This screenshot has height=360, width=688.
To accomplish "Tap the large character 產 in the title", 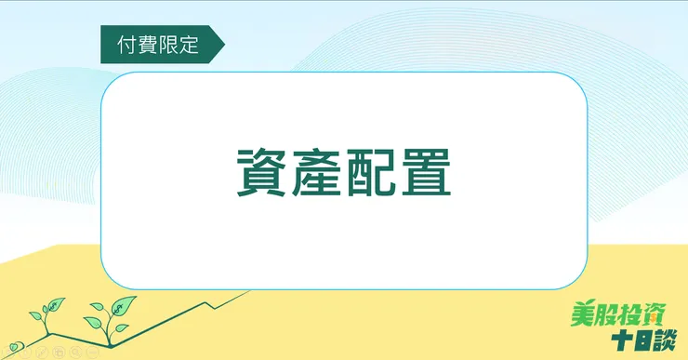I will pos(316,174).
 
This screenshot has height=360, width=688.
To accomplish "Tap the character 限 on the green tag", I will pos(170,45).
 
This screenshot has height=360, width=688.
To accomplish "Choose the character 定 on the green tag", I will pos(191,45).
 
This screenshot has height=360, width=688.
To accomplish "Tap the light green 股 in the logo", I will pos(605,314).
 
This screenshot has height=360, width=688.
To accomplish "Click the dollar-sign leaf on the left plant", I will pos(55,306).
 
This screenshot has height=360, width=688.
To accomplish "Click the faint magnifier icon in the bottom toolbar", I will pos(75,353).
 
